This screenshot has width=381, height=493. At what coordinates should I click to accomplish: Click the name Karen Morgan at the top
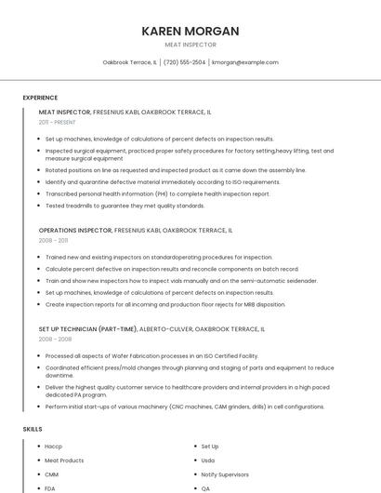(x=190, y=31)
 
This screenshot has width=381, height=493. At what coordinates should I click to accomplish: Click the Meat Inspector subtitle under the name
(x=190, y=45)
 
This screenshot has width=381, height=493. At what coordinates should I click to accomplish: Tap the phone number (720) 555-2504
(x=185, y=62)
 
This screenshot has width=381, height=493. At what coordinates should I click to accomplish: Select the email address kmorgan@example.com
(x=245, y=62)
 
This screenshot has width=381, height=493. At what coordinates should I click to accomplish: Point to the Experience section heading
(x=40, y=98)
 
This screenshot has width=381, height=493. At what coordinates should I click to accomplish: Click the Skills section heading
(x=33, y=429)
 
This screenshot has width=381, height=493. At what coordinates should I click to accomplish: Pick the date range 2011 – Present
(x=57, y=122)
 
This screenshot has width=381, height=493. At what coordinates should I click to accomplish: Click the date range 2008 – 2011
(x=53, y=240)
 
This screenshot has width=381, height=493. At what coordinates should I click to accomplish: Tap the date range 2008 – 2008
(x=55, y=339)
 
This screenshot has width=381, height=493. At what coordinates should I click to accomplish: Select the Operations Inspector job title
(x=75, y=230)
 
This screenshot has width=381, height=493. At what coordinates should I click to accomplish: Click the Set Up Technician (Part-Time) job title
(x=87, y=328)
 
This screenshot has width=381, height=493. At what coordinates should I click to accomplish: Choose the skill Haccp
(x=53, y=446)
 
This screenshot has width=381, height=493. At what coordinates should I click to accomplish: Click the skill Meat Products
(x=64, y=460)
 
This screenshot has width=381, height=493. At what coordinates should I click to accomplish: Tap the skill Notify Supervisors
(x=225, y=474)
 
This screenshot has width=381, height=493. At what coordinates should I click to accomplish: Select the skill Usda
(x=208, y=460)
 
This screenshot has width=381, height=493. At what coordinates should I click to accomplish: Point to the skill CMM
(x=51, y=474)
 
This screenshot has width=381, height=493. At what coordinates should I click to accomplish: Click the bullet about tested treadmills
(x=125, y=206)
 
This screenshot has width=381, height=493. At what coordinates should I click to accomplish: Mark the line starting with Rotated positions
(x=176, y=170)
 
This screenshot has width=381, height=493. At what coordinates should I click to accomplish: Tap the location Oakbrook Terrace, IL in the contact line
(x=129, y=62)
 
